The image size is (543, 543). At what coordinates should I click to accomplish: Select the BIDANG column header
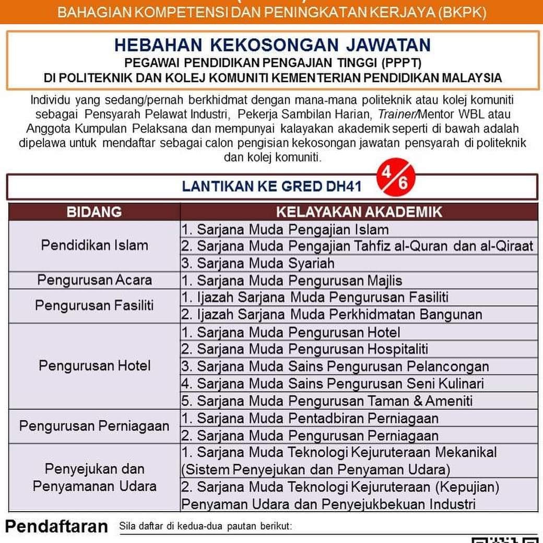pos(94,212)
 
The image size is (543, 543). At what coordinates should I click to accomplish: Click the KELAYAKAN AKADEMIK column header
pos(359,212)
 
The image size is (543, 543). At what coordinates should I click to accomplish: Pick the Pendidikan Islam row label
pos(95,245)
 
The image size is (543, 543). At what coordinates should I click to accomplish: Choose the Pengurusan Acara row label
pos(95,280)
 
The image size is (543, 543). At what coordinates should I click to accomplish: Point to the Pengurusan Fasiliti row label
pos(95,305)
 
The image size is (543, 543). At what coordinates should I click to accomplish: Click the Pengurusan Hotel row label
pos(95,365)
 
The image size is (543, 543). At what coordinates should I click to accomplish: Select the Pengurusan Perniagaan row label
pos(95,426)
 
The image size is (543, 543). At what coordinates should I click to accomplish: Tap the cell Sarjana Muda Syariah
pos(258,263)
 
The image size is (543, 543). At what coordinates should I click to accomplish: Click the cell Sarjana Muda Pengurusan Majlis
pos(292,280)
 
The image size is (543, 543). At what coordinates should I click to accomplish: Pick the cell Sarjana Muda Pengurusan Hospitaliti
pos(305,349)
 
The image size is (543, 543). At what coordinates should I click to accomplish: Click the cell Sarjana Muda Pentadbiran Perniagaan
pos(310,418)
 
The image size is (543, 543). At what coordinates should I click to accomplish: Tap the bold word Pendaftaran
pos(56,526)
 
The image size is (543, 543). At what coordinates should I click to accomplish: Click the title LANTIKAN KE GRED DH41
pos(271,187)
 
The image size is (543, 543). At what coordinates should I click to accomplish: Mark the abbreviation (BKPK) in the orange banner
pos(463,12)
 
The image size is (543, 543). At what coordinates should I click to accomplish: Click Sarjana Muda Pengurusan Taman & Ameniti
pos(327,400)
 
